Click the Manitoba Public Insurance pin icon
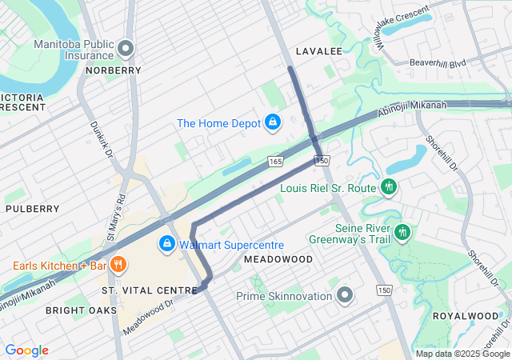tap(126, 50)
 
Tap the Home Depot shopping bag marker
tap(273, 122)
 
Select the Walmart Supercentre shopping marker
tap(167, 243)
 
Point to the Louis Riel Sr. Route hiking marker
tap(390, 187)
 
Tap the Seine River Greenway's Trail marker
tap(402, 232)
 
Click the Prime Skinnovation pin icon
tap(345, 296)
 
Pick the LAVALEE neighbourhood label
tap(318, 51)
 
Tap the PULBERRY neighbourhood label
tap(33, 209)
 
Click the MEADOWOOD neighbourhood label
tap(278, 260)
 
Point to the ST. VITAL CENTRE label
tap(150, 290)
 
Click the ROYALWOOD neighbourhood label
tap(465, 316)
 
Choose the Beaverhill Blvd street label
tap(437, 62)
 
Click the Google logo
tap(27, 350)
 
